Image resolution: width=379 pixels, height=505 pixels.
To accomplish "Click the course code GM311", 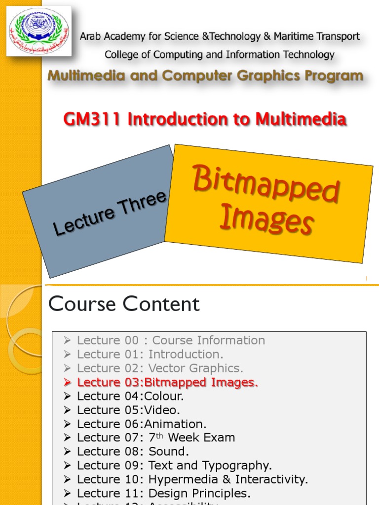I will (92, 119).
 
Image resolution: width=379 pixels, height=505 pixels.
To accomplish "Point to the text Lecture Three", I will (110, 214).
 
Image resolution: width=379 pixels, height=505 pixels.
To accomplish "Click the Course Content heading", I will (124, 304).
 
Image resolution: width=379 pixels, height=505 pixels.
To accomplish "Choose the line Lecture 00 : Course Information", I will (171, 340).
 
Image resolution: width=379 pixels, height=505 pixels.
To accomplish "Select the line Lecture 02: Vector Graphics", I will (160, 368).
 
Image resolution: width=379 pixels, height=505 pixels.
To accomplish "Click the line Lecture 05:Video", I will (128, 410).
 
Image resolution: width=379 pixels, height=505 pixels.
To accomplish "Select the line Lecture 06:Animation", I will (142, 424).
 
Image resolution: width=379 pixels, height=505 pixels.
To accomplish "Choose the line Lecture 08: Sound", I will (133, 452).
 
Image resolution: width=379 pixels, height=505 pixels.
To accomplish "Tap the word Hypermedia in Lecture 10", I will (185, 479).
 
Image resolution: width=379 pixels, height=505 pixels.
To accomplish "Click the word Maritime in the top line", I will (301, 36).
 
